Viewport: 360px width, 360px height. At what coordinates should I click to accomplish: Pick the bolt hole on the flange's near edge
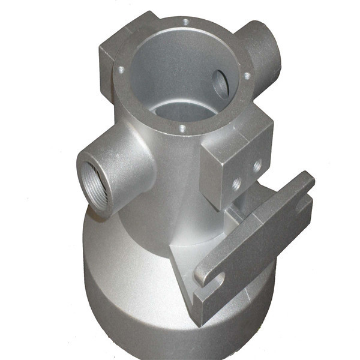[x=181, y=127]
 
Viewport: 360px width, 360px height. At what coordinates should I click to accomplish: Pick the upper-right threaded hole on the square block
[x=257, y=163]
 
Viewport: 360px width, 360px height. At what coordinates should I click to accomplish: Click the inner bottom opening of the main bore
[x=180, y=111]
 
